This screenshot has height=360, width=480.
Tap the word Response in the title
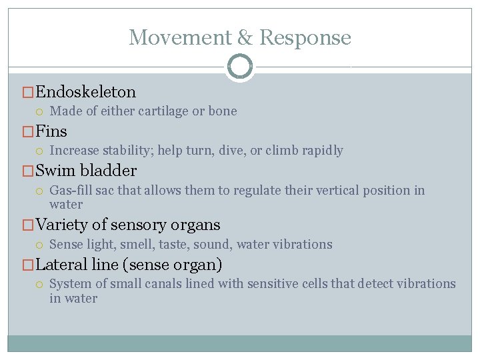(305, 37)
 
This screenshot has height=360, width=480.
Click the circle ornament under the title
(240, 67)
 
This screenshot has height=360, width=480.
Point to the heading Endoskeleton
(85, 92)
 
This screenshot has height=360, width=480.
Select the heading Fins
(51, 131)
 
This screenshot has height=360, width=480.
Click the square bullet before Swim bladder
(28, 171)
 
